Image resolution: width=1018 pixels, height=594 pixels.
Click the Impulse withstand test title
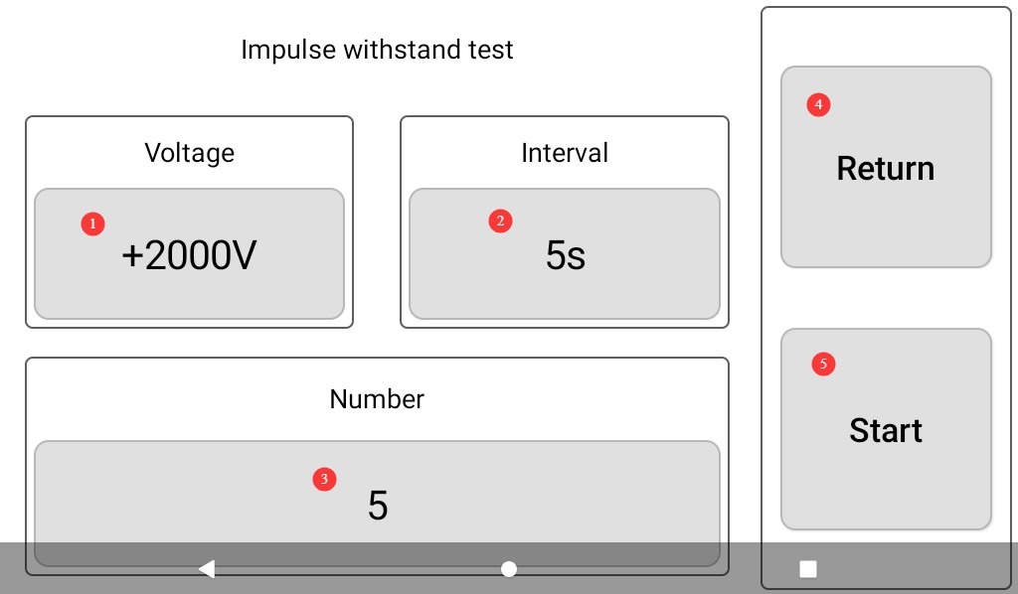point(377,50)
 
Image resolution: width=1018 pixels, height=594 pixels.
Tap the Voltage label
point(190,153)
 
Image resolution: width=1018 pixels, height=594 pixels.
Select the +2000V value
point(189,255)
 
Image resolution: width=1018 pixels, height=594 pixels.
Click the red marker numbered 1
point(92,223)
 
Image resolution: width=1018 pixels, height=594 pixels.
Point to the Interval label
point(565,153)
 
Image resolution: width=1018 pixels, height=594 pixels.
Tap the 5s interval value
point(566,255)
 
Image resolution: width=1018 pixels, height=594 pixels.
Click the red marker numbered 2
point(501,222)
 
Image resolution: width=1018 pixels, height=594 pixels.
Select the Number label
point(377,398)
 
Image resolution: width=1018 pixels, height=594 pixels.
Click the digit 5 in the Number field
point(378,506)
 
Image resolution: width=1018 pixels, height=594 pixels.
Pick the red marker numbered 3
point(325,479)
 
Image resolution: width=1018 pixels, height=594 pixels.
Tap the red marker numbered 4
point(819,104)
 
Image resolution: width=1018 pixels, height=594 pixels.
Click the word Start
point(886,430)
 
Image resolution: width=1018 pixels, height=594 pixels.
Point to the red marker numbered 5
point(824,364)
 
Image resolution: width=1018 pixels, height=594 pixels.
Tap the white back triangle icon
point(207,569)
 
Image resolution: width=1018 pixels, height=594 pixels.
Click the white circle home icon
point(509,569)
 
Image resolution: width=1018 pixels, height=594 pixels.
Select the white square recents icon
point(808,569)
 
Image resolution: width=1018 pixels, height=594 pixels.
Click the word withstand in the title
point(402,50)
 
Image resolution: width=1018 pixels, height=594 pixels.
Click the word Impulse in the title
point(288,51)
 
